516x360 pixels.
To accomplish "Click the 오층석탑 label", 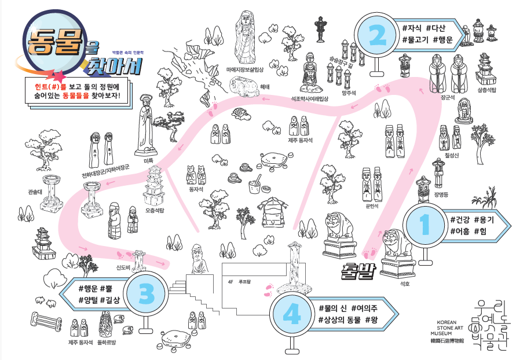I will (155, 210).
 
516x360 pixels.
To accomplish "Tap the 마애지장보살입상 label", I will (245, 69).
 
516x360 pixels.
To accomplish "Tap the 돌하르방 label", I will (106, 342).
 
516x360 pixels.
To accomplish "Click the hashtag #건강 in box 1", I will (460, 220).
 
